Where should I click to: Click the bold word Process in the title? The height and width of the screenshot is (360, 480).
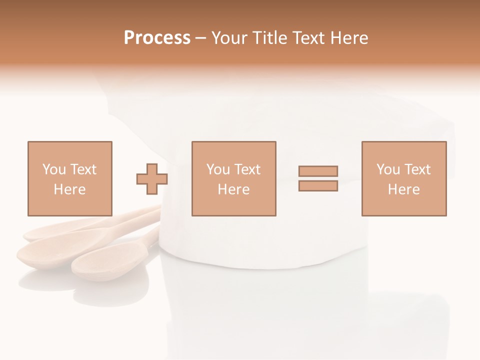pos(157,38)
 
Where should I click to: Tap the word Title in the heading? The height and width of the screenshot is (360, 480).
pos(270,38)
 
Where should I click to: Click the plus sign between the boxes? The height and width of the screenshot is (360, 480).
pos(152,179)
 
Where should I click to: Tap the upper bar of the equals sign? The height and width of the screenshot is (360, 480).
pos(318,171)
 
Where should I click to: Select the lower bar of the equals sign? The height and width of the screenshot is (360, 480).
pos(318,186)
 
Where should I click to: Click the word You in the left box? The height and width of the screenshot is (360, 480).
pos(53,169)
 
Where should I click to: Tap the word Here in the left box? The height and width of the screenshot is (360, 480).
pos(69,189)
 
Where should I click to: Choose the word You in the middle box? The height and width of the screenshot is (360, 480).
pos(218,169)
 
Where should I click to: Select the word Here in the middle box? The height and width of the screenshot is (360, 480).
pos(233,189)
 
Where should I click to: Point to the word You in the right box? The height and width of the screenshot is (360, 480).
pos(388,169)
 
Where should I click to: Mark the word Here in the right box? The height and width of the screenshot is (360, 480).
pos(403,189)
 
